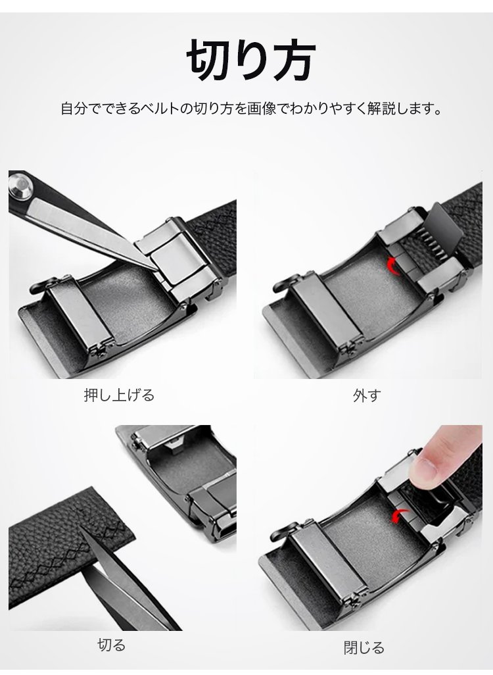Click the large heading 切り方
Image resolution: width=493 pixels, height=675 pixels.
click(x=251, y=61)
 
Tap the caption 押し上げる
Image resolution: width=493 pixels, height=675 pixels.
click(x=119, y=395)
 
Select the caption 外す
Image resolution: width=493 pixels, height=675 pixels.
click(x=367, y=395)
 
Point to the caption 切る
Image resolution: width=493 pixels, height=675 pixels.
click(x=112, y=645)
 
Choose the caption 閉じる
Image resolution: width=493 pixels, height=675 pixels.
click(x=364, y=647)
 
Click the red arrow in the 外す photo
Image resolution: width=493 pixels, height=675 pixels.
click(x=393, y=264)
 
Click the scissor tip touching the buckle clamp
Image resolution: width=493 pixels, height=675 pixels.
click(x=156, y=268)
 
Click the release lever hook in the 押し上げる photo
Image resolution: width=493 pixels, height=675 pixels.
click(x=39, y=285)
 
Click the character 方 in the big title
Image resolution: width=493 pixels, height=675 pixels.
click(x=292, y=61)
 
